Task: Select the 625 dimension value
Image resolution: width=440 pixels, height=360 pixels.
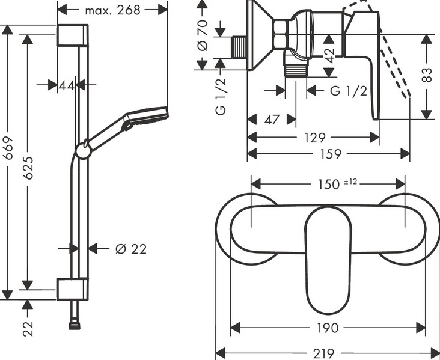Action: point(28,168)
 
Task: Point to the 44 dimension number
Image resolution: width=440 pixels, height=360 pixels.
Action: point(66,85)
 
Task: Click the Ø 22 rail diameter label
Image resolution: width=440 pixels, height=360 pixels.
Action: point(130,248)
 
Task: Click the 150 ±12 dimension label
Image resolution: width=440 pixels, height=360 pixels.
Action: point(329,184)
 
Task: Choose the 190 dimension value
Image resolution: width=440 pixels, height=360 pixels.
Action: point(328,328)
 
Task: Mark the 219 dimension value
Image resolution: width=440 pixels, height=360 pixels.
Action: point(328,353)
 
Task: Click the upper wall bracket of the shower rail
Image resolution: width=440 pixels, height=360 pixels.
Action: point(72,35)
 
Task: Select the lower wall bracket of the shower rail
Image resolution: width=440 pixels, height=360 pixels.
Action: point(72,288)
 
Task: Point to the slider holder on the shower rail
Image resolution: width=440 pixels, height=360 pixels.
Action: point(82,150)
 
